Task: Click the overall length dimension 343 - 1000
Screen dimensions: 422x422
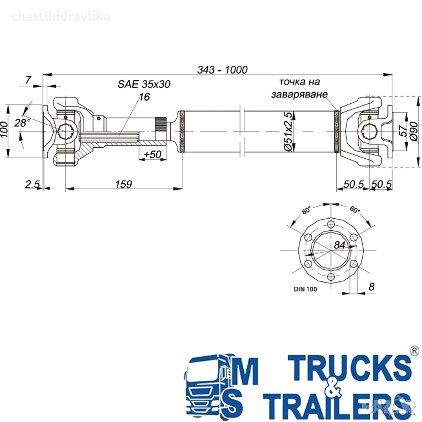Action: point(223,70)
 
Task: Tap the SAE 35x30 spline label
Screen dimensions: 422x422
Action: point(144,84)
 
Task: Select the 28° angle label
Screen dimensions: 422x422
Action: point(22,123)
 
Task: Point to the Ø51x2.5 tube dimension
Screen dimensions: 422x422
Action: point(288,132)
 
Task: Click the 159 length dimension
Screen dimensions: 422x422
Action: point(124,184)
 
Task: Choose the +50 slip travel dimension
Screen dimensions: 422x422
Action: point(152,154)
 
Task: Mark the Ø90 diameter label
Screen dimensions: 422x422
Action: point(414,131)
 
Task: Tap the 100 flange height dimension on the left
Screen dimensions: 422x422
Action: point(4,130)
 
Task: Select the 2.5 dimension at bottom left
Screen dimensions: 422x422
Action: point(32,184)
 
